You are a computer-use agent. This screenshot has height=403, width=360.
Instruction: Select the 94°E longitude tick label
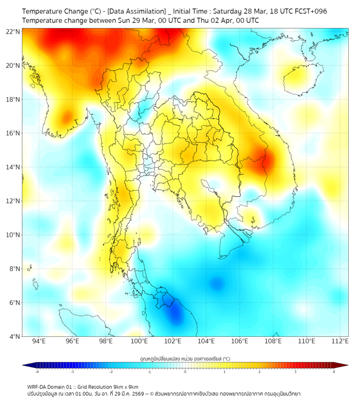tap(39, 341)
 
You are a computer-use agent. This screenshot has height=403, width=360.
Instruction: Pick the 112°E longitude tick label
tap(340, 341)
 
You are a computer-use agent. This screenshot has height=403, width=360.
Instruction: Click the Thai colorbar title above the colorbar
tap(185, 359)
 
